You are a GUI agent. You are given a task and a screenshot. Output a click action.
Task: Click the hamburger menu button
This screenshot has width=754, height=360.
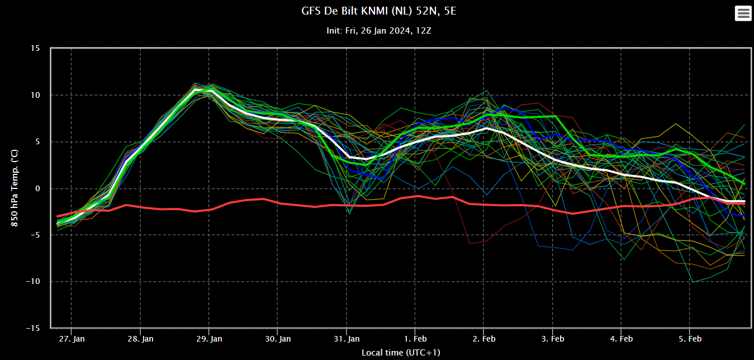[743, 13]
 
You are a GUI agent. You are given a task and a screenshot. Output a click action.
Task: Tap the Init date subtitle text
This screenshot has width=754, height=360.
[378, 31]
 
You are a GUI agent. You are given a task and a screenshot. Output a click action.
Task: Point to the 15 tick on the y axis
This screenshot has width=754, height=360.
[35, 49]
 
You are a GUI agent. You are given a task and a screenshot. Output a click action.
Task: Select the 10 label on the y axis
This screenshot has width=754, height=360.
[35, 95]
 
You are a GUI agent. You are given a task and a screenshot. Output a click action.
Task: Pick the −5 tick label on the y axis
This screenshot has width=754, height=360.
[35, 235]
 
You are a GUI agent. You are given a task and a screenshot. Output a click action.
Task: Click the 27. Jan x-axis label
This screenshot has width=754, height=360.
[72, 339]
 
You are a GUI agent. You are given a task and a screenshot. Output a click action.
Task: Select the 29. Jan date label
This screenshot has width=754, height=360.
[209, 339]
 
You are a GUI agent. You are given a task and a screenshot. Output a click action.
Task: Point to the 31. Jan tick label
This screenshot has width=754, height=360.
[347, 339]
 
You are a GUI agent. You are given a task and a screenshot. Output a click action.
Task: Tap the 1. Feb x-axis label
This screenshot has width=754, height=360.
[415, 339]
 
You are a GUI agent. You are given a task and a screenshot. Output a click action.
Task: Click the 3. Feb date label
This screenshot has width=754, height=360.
[553, 339]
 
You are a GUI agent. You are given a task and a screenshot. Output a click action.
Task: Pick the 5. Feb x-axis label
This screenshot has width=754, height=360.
[690, 339]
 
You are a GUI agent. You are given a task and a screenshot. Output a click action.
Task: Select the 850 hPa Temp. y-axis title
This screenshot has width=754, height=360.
[15, 188]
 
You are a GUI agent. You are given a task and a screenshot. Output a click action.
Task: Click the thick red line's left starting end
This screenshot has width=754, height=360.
[58, 216]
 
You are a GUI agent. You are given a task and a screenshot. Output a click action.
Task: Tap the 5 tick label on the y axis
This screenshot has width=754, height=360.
[37, 142]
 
